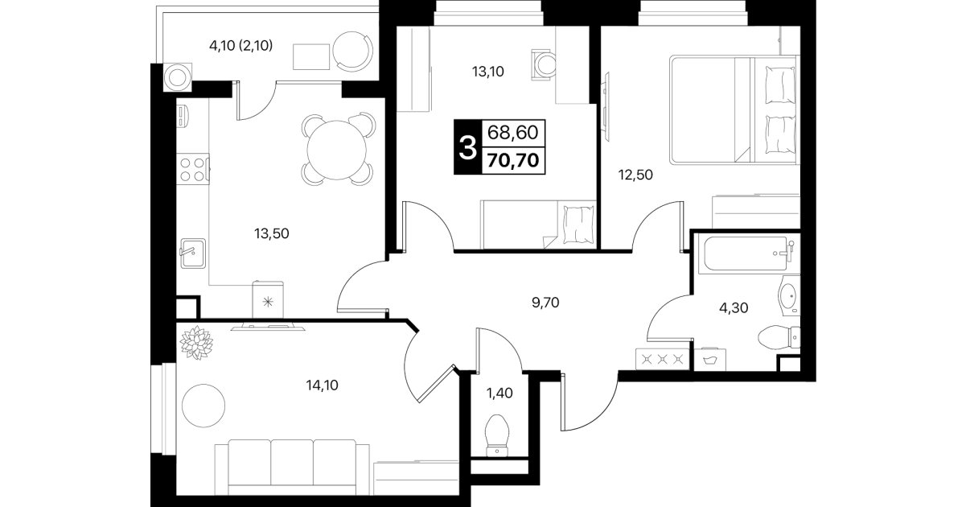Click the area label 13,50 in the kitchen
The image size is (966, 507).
coord(271,234)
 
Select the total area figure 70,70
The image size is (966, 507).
coord(513,160)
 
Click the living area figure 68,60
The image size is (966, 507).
coord(512,133)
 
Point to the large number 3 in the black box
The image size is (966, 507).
coord(467,147)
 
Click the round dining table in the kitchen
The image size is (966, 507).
coord(337,150)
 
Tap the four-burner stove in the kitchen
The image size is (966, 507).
coord(193,169)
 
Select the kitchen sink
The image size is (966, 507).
coord(193,253)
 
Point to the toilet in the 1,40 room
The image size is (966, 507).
coord(497,435)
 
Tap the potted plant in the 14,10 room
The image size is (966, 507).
coord(196,342)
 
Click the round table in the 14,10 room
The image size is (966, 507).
coord(203,406)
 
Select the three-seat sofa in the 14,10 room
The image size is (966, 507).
coord(292,468)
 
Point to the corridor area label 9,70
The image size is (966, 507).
coord(545,303)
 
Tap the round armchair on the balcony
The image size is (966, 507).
coord(353,52)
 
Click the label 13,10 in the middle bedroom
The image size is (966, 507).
coord(487,72)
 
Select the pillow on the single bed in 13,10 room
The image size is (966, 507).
coord(578,225)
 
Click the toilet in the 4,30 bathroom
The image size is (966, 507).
coord(779,336)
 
